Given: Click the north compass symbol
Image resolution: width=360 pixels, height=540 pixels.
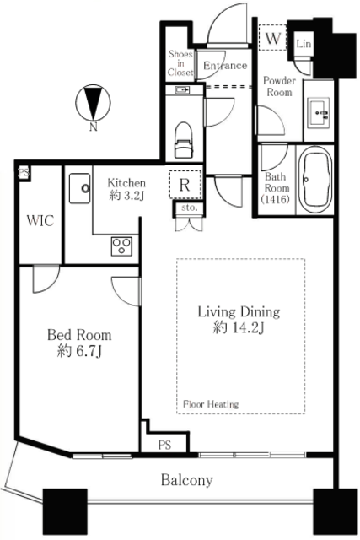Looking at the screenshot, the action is (93, 103).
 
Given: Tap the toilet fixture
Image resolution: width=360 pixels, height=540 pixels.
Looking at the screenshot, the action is (184, 139).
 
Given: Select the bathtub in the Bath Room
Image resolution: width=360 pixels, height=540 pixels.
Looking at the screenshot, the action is (315, 180).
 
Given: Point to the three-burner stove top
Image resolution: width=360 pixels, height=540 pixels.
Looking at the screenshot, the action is (121, 246).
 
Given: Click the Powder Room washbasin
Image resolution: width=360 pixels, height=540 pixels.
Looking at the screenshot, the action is (319, 112).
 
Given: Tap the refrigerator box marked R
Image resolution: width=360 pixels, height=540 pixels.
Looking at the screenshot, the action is (185, 185).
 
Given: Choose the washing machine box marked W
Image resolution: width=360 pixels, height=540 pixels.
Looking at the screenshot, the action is (272, 37).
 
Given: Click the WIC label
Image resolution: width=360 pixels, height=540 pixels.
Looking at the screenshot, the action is (40, 220).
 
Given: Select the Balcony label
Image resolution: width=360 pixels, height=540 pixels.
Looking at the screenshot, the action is (187, 480).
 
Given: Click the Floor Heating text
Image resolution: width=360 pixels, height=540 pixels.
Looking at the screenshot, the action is (211, 404).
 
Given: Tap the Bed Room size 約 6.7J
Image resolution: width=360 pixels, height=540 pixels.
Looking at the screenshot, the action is (79, 351).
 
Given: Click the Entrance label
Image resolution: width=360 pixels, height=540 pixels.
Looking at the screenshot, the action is (225, 66).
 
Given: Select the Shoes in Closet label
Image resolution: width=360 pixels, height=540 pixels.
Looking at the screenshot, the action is (180, 63).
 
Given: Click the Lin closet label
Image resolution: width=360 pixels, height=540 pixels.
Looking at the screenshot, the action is (304, 44).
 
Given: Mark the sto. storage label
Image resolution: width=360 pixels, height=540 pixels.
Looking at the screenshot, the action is (190, 208).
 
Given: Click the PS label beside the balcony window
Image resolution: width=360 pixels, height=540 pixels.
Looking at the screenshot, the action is (165, 445).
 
